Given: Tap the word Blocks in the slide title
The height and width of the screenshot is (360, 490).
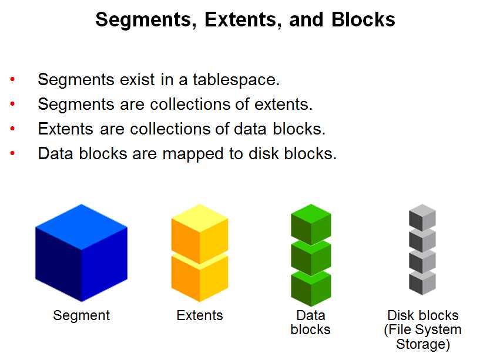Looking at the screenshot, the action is pos(363,19).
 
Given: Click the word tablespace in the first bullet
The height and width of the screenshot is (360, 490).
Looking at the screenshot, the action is pos(236,80).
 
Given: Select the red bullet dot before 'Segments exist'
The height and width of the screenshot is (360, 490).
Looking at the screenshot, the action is pos(12,79).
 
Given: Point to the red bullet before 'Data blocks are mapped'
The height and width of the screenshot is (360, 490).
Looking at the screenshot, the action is pos(12,153).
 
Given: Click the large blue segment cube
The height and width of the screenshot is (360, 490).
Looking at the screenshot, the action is pos(81,253).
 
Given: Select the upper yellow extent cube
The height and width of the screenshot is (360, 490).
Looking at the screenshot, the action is pos(200,234).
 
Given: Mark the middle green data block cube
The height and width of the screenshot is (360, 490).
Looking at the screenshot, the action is pos(311,257).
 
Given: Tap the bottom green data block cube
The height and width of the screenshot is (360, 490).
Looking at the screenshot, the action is pos(311,288).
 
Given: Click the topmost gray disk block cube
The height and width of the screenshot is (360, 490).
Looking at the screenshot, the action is pos(422,217).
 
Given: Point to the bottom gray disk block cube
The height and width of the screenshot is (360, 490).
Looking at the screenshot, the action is pos(422,283).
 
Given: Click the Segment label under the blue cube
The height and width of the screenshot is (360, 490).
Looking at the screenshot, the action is pos(81,315).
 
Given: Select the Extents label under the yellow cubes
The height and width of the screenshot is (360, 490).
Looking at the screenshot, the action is pos(200,315).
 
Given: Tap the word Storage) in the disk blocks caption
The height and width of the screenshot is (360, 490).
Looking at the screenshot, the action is pos(423,344).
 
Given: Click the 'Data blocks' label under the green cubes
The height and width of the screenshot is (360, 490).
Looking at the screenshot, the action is pos(311,322).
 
